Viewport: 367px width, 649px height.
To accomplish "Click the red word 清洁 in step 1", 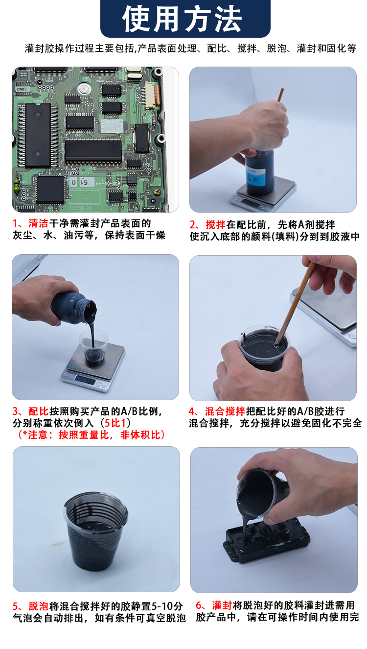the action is pos(38,223).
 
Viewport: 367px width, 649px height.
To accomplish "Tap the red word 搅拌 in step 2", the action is pos(215,224).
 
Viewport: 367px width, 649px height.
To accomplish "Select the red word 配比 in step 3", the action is pos(38,411).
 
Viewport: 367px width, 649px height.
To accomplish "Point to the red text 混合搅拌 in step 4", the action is pos(225,411).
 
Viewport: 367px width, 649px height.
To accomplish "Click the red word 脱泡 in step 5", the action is pos(38,606).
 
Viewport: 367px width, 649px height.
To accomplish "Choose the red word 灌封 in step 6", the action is pos(222,605).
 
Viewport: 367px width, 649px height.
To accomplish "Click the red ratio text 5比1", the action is pos(115,423).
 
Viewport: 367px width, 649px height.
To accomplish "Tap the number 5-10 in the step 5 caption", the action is pos(162,606).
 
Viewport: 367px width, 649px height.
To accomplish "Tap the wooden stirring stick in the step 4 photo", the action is pos(295,303).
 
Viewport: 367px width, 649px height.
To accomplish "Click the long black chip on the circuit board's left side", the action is pos(38,135).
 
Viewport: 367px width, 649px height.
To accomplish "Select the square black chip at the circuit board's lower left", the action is pos(50,189).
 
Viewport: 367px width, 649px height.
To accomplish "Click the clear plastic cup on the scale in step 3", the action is pos(93,346).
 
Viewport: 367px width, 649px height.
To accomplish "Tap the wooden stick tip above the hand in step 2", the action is pos(282,89).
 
